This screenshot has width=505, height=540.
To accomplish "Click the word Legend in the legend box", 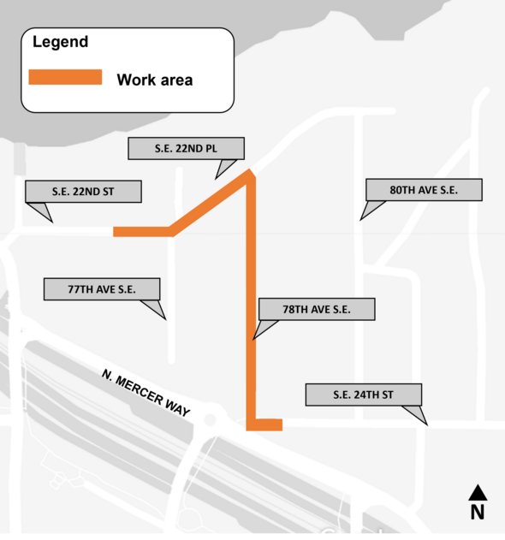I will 60,42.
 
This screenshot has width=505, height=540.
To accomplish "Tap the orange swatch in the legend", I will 65,77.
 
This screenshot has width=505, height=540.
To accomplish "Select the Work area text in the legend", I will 154,80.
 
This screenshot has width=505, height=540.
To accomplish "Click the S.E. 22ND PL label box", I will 187,148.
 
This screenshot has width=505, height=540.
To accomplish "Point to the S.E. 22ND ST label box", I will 83,191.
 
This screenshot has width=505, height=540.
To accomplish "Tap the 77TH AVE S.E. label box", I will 102,288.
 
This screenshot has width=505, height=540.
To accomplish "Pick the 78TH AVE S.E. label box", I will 316,308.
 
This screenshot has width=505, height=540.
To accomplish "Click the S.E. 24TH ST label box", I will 364,395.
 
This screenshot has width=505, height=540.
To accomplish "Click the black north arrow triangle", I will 478,493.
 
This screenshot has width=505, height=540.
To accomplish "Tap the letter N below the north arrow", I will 478,513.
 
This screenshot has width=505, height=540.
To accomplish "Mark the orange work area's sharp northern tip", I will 251,172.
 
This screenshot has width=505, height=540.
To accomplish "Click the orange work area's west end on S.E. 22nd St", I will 116,231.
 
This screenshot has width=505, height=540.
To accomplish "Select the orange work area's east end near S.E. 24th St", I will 280,424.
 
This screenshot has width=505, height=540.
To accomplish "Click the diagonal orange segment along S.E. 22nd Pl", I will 210,203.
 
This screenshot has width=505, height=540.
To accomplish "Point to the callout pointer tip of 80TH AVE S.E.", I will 360,220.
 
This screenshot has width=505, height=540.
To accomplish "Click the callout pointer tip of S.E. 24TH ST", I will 425,423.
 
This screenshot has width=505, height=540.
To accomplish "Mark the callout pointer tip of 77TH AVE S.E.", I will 164,320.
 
